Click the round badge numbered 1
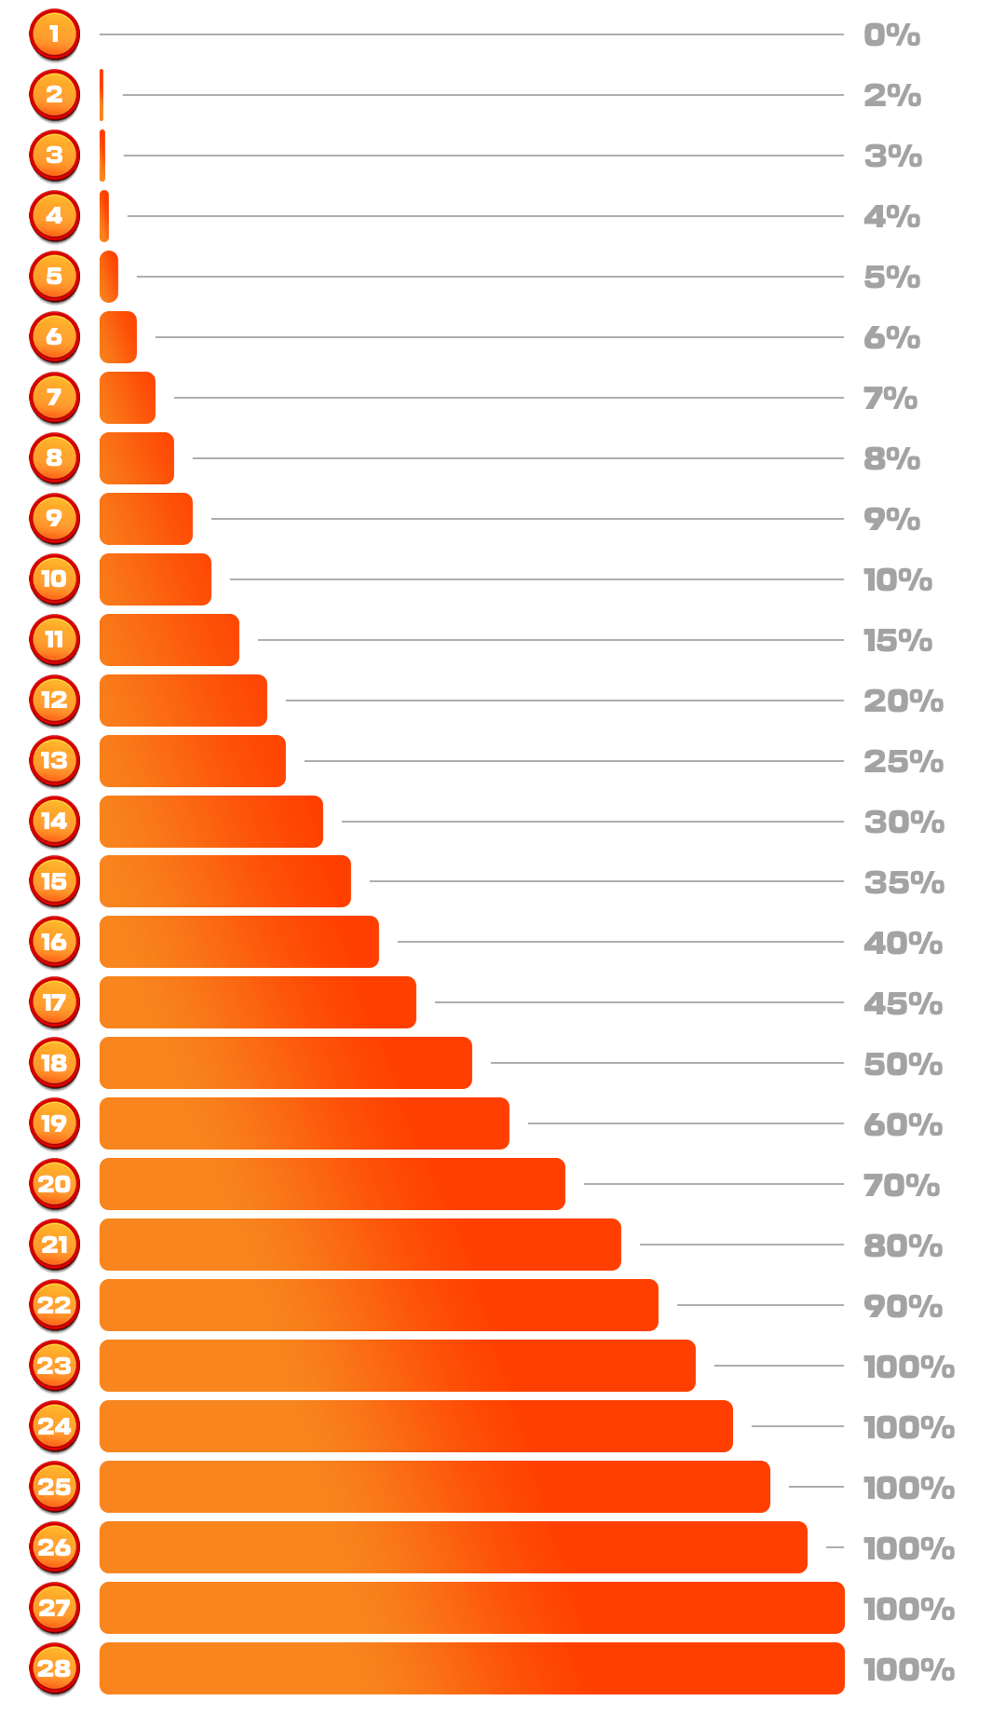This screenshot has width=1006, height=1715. pos(54,34)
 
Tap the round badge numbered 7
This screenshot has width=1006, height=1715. pos(54,398)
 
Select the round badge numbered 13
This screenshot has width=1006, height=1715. pos(54,760)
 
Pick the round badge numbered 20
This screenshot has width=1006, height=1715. pos(54,1184)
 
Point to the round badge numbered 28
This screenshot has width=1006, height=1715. pos(54,1668)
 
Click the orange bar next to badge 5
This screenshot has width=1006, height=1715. pos(109,277)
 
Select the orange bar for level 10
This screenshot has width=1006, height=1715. pos(155,579)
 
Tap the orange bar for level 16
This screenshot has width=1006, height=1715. pos(238,942)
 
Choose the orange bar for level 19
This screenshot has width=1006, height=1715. pos(304,1123)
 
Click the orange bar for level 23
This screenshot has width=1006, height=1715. pos(397,1366)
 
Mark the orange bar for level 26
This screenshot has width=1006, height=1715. pos(453,1547)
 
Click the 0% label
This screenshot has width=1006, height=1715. pos(891,35)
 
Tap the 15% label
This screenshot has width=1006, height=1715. pos(898,641)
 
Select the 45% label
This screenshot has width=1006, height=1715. pos(903,1003)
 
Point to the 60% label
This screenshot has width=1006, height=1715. pos(903,1124)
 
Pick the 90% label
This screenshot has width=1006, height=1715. pos(903,1306)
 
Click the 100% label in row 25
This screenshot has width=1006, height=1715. pos(909,1488)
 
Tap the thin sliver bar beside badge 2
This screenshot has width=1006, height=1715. pos(102,95)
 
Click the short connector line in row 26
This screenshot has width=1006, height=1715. pos(835,1547)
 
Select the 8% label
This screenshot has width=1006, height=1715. pos(891,458)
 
